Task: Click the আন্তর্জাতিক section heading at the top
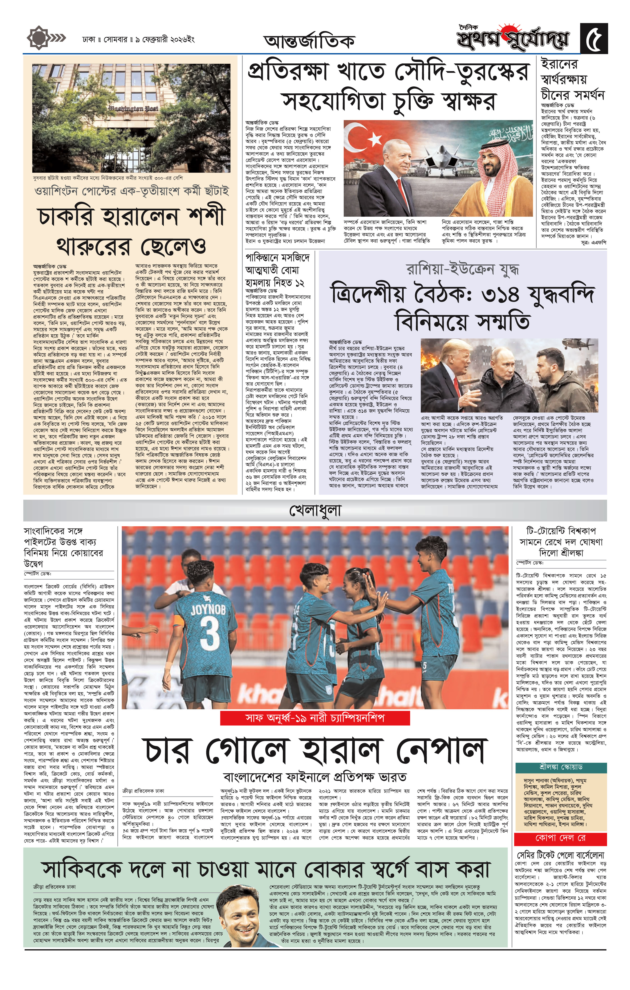[309, 41]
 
